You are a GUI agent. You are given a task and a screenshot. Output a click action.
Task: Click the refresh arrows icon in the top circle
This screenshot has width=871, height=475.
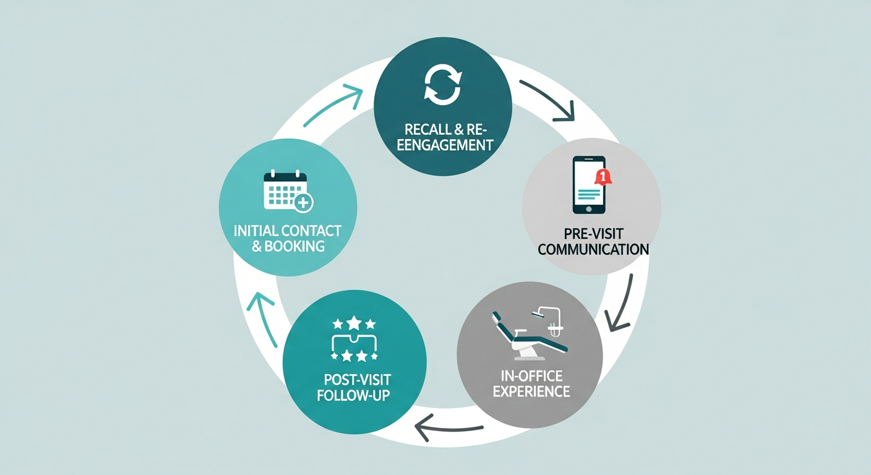pos(442,86)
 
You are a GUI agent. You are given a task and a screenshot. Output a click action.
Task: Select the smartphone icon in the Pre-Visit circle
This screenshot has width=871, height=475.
pos(589,184)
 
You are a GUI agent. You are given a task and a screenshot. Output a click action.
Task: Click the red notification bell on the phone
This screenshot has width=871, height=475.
pos(602,177)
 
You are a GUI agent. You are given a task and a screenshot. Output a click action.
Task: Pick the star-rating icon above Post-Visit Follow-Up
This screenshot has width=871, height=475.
pos(354,339)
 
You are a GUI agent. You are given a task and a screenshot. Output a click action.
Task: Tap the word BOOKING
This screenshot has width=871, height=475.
pos(294,246)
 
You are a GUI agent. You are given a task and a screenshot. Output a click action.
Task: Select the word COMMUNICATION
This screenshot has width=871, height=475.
pos(593,250)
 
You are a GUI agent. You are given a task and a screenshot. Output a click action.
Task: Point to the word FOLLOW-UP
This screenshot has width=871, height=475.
pos(354,395)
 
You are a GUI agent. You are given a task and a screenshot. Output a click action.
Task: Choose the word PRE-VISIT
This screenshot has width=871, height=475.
pos(593,234)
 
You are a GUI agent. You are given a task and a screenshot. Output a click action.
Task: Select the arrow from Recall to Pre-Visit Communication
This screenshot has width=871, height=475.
pos(548,99)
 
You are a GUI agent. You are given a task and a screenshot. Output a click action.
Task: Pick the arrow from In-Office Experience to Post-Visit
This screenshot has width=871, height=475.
pos(448,425)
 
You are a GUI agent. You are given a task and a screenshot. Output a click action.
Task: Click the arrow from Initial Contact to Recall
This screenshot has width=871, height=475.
pos(334,106)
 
